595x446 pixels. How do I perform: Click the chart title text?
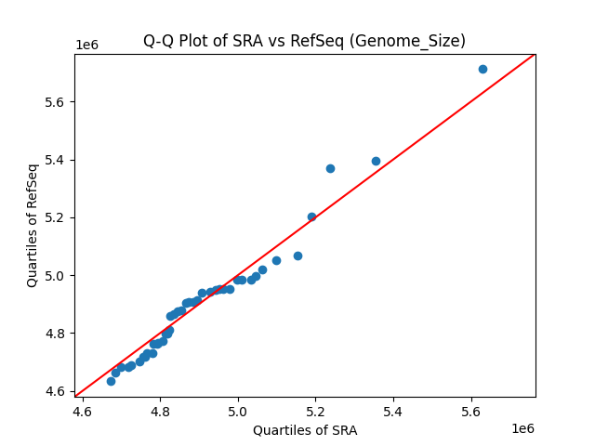tap(304, 41)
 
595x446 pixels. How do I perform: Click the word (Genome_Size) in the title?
tap(421, 41)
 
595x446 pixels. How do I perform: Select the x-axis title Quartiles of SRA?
tap(304, 430)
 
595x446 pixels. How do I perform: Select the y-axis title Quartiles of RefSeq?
tap(33, 225)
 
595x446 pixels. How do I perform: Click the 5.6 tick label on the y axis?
tap(58, 102)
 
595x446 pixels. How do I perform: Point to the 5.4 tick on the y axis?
tap(58, 160)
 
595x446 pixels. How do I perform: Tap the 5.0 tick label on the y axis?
tap(58, 276)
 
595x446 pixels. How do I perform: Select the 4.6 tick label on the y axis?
tap(58, 391)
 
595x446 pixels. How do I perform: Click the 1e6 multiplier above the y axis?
tap(87, 46)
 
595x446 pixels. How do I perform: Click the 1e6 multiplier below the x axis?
tap(522, 428)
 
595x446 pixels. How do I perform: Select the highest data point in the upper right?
tap(483, 69)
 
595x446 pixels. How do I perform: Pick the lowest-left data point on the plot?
tap(111, 381)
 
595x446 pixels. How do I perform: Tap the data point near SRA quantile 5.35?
tap(376, 161)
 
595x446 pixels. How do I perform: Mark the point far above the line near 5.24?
tap(330, 168)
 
